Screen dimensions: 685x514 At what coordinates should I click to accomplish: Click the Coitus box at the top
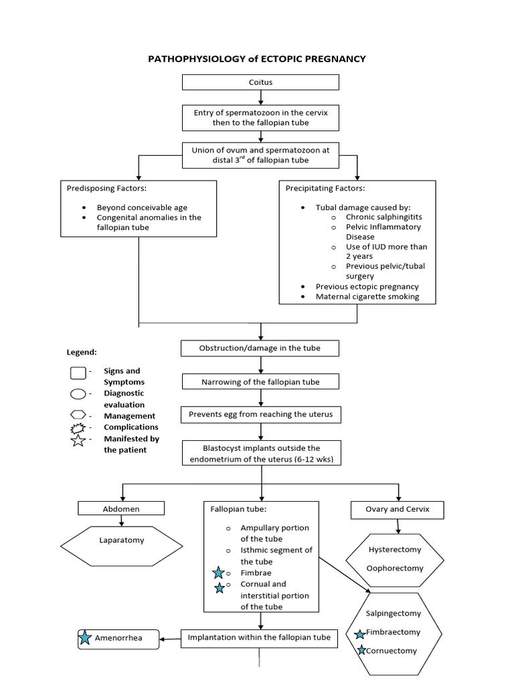click(x=260, y=82)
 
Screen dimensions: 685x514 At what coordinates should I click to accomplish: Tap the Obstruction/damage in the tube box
click(x=260, y=349)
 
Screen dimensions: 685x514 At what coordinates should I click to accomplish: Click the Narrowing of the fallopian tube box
click(x=260, y=382)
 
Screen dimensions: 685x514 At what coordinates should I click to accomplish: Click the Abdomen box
click(x=121, y=509)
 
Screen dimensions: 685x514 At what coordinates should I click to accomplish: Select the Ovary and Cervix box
click(x=398, y=510)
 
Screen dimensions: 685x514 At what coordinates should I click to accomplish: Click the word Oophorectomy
click(x=396, y=569)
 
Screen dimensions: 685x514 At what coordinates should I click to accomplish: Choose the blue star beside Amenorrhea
click(x=85, y=638)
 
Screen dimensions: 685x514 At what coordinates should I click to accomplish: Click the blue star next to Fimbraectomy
click(x=360, y=633)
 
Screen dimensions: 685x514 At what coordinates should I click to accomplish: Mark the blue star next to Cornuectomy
click(x=361, y=650)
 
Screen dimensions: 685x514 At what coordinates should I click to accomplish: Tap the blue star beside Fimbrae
click(x=218, y=573)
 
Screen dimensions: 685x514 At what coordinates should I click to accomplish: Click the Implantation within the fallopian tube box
click(x=259, y=638)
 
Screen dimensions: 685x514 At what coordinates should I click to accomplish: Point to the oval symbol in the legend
click(x=78, y=393)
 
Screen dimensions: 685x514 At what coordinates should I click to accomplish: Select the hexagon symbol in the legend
click(x=78, y=415)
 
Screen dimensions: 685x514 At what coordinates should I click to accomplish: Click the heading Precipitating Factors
click(x=325, y=189)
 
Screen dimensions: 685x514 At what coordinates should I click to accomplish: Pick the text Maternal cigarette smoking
click(x=367, y=296)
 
